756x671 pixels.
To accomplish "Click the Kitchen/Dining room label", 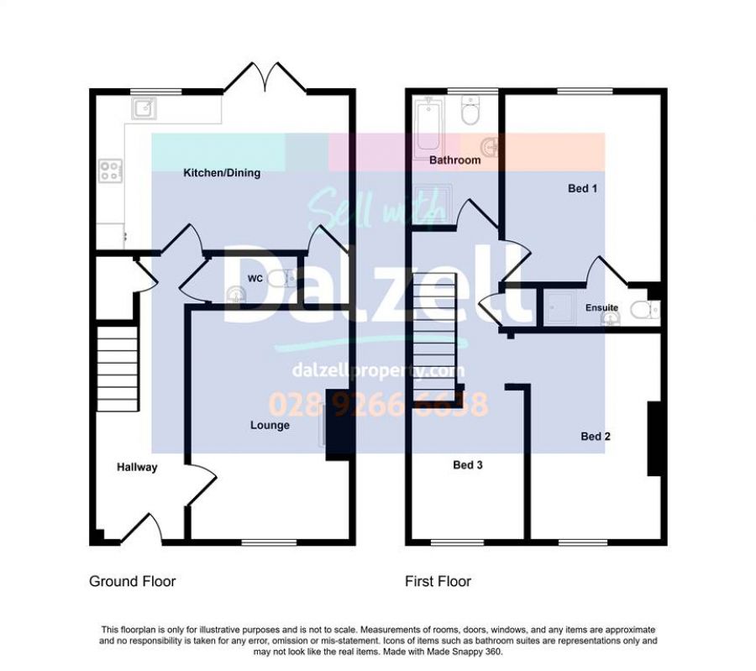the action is (x=222, y=172).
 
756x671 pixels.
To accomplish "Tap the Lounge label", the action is (x=270, y=425).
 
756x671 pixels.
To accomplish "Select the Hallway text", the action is (x=137, y=467).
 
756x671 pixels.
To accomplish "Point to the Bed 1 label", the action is (x=582, y=188).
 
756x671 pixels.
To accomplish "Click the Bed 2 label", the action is (x=596, y=436).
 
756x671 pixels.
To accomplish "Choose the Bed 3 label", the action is (x=468, y=464).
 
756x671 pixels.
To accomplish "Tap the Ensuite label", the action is (x=601, y=307).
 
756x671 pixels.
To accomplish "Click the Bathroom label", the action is (x=455, y=160).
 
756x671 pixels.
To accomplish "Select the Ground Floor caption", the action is (x=133, y=581).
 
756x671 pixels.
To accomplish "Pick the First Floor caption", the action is (x=438, y=581).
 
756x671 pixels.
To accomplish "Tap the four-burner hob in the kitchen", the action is (x=110, y=171).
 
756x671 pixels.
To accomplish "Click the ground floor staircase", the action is (x=118, y=369).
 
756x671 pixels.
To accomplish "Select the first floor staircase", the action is (x=434, y=337).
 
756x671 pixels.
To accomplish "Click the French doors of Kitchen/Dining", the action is (x=265, y=77).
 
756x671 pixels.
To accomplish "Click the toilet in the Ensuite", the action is (x=644, y=310).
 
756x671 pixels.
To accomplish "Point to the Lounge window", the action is (x=269, y=543).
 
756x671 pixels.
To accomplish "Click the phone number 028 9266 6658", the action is (x=378, y=404).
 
